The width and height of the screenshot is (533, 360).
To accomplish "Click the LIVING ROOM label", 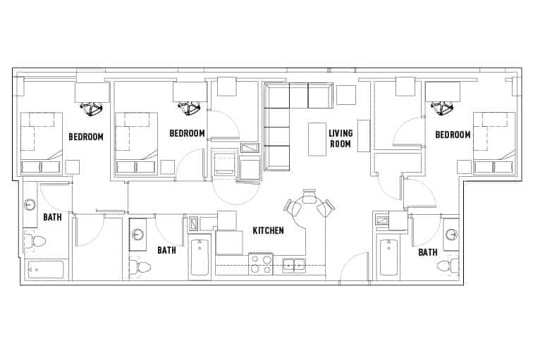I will [341, 139].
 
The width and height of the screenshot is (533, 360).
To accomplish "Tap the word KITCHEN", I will [268, 230].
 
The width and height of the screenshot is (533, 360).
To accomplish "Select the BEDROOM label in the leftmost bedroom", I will [86, 137].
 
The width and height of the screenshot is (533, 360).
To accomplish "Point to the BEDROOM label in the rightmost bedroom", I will [453, 135].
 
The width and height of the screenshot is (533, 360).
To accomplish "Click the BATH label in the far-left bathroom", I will [52, 218].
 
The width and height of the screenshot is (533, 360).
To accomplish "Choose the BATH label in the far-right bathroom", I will [427, 252].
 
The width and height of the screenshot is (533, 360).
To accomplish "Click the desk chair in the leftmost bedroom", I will [92, 108].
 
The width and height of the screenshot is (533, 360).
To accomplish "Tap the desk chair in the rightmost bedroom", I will [442, 108].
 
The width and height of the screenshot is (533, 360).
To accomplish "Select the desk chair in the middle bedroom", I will [190, 108].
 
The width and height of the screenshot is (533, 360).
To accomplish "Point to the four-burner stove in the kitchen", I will [260, 264].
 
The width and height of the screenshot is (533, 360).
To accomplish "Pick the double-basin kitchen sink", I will [294, 265].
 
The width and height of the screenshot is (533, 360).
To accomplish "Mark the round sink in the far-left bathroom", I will [30, 205].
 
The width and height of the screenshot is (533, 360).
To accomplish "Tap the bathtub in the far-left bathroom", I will [46, 270].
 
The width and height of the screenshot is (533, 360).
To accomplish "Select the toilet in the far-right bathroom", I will [447, 266].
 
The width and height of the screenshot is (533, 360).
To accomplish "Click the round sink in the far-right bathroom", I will [451, 235].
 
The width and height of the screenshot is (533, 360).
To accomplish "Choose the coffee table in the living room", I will [317, 139].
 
